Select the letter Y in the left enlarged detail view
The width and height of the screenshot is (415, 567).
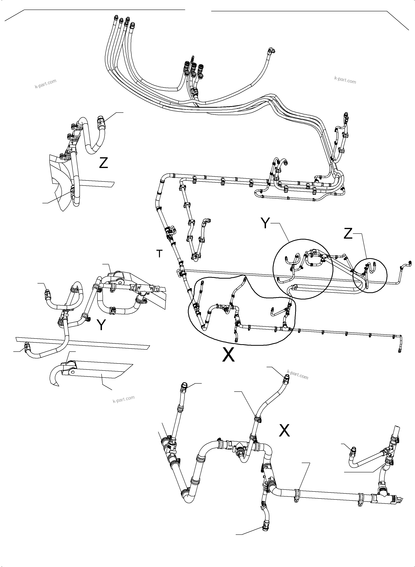tap(101, 325)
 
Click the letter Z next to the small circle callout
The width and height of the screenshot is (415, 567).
tap(348, 234)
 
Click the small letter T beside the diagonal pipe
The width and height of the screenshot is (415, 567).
tap(159, 254)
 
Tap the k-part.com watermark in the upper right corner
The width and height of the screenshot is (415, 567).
tap(345, 80)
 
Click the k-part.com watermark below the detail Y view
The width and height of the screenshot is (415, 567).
tap(123, 399)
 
